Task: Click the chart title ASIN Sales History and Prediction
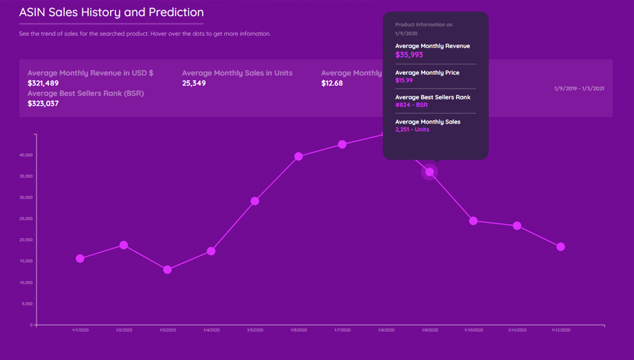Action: [112, 12]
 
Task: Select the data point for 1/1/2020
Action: [80, 259]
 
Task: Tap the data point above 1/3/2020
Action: [168, 269]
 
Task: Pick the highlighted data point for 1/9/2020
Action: [430, 172]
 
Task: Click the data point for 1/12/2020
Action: [560, 247]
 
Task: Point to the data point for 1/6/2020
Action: [299, 157]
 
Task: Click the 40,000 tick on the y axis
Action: [26, 155]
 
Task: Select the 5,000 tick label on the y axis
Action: [27, 304]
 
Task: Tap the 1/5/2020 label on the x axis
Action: [255, 330]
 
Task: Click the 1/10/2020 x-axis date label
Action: [473, 330]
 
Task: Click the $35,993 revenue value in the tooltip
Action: [409, 55]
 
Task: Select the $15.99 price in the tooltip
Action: [404, 80]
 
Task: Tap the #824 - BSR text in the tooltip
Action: [412, 105]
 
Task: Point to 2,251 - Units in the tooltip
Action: [412, 129]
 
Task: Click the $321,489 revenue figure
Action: [43, 83]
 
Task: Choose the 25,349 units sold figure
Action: [194, 83]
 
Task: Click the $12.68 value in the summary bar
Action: [332, 83]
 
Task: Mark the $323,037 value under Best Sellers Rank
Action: [43, 103]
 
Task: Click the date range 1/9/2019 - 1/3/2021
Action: [579, 88]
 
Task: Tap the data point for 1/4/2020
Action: [211, 251]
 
